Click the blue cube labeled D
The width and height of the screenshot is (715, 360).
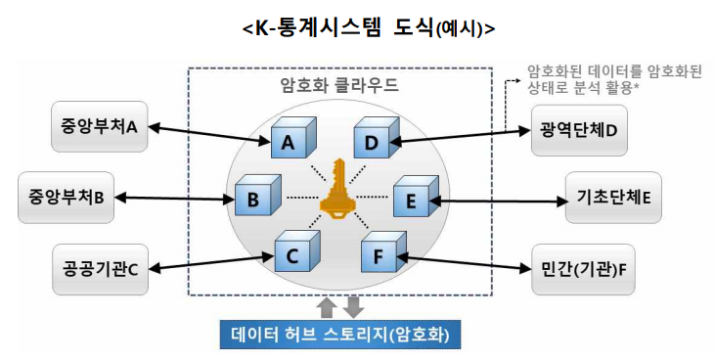(x=374, y=141)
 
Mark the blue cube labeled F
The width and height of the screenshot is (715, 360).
(x=380, y=256)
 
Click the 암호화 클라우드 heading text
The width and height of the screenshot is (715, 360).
(x=339, y=84)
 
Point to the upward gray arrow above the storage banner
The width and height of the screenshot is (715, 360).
(x=328, y=306)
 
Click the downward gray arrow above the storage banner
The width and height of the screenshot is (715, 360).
(x=353, y=306)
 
